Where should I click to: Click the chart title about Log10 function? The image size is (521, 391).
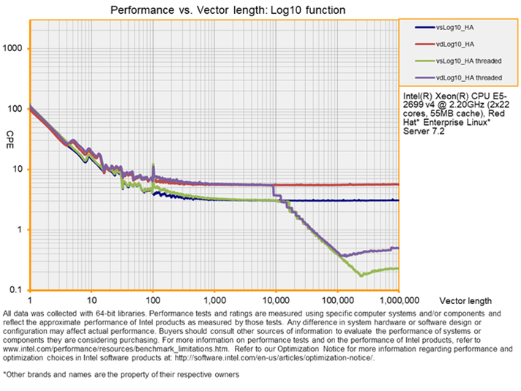[x=228, y=10]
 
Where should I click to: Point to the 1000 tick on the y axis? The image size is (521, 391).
[x=15, y=48]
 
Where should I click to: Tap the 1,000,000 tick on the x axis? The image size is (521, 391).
[x=398, y=300]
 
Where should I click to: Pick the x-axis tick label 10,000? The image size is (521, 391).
[x=276, y=300]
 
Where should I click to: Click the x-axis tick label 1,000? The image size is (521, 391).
[x=214, y=300]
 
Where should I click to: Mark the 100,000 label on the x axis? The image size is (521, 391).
[x=337, y=300]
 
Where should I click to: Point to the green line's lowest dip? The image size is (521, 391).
[x=361, y=275]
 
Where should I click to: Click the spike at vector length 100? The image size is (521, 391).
[x=153, y=166]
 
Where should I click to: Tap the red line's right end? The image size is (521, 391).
[x=397, y=184]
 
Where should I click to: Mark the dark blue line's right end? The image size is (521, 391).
[x=397, y=200]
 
